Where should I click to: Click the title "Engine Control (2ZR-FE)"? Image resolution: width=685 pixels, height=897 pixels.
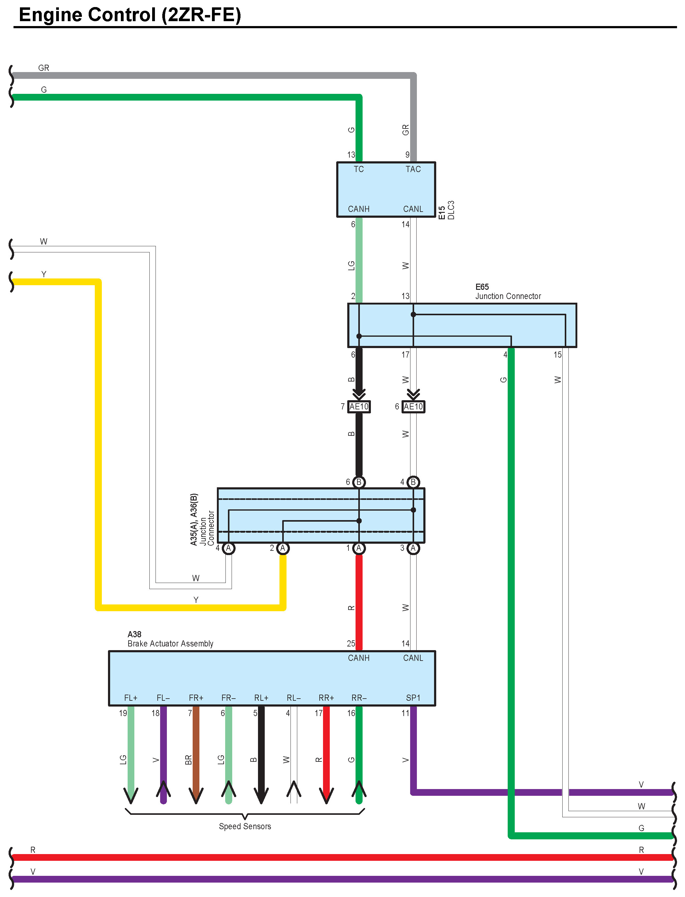130,15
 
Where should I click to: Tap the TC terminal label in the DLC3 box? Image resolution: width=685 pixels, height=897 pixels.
358,169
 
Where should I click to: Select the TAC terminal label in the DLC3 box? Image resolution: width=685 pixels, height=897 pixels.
413,169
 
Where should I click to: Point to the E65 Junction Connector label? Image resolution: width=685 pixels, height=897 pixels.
508,292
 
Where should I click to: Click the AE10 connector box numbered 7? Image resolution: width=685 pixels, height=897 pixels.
359,406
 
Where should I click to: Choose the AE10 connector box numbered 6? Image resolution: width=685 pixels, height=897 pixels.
413,406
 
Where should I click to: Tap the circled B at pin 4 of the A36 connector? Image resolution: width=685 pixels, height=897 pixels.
413,482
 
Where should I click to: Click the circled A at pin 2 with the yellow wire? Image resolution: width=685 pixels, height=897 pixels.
283,548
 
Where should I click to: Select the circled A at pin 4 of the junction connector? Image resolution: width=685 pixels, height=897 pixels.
228,548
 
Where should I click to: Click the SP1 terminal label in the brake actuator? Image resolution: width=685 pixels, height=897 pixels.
413,698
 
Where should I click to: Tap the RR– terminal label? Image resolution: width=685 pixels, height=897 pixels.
359,698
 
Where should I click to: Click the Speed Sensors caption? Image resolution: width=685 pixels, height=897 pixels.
245,826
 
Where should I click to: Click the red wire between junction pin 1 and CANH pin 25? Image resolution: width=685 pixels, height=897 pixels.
359,599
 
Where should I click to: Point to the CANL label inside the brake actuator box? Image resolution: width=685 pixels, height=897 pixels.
413,658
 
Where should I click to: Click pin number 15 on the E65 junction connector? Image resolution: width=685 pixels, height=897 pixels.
557,355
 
